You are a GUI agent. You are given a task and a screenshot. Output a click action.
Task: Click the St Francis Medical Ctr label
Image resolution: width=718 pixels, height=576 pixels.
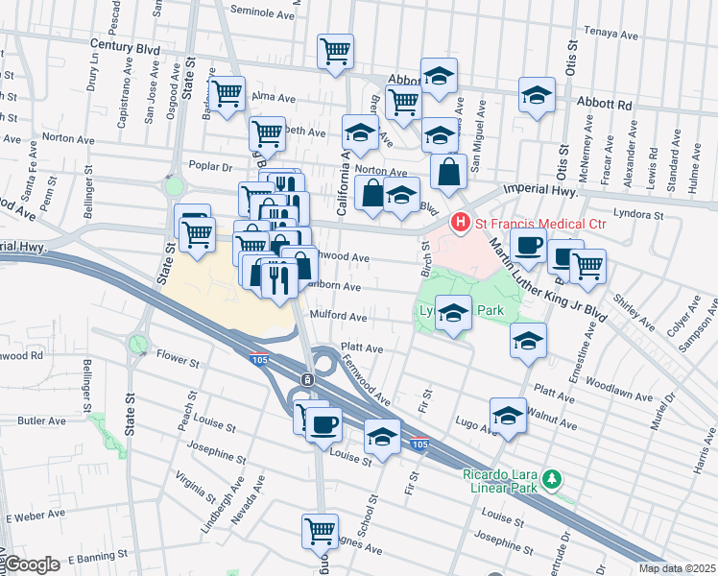coord(529,223)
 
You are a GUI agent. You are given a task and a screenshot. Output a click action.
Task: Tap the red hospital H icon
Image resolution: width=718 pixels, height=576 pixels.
coord(460,223)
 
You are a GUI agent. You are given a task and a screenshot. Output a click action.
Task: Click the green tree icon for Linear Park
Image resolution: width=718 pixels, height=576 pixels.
coord(551,477)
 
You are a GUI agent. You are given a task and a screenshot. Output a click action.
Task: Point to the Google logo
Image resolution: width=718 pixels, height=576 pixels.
coord(32,565)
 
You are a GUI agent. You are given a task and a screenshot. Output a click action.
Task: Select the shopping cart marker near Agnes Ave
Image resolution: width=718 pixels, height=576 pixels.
coord(320,530)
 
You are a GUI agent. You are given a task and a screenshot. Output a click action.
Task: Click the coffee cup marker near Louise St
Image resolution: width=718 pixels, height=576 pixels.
coord(323,423)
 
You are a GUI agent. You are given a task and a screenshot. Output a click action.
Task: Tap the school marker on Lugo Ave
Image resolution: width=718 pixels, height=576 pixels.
coord(508,415)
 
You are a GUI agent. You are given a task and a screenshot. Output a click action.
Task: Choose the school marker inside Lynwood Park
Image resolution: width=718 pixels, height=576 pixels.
coord(454,312)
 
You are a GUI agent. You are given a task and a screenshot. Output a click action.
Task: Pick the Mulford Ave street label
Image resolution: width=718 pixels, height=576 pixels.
coord(338,316)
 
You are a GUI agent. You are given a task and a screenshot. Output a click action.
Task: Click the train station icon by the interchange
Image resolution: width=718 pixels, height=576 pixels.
coord(306,379)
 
